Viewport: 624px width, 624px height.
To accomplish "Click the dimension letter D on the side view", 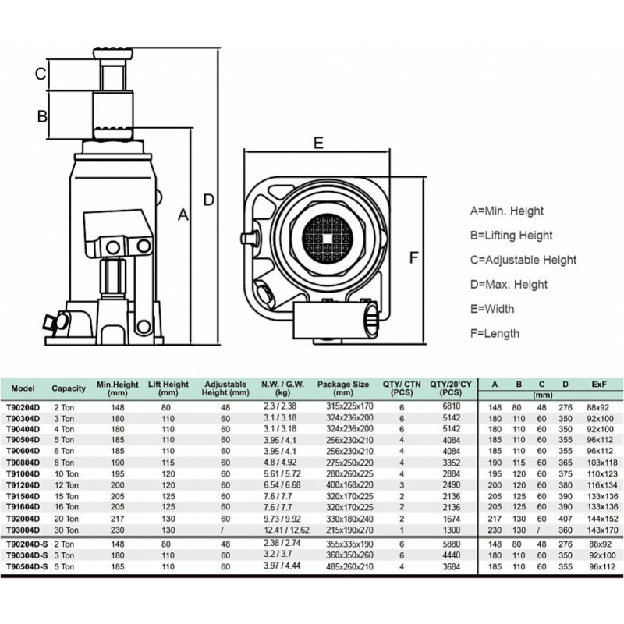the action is pos(209,200).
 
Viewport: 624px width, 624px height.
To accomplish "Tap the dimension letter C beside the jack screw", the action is pos(41,73).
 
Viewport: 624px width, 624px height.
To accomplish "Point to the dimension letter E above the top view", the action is pos(318,143).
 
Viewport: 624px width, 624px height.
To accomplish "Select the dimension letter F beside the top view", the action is pos(414,257).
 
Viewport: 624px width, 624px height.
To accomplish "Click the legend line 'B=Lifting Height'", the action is pos(512,236).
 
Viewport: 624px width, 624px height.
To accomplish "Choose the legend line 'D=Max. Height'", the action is pos(509,285).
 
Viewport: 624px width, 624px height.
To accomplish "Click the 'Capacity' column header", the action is pos(69,388).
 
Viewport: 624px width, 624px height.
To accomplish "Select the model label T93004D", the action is pos(23,530).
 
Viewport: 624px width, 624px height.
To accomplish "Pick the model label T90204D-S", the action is pos(27,544).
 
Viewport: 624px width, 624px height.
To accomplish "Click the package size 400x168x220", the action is pos(349,485).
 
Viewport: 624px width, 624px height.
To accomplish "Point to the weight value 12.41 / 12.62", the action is pos(286,530).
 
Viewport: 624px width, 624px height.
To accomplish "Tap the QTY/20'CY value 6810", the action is pos(452,406).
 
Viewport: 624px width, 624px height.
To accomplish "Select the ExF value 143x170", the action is pos(602,530).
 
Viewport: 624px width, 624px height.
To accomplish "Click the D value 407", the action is pos(565,519).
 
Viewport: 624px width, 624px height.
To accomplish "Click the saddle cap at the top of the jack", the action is pos(113,53).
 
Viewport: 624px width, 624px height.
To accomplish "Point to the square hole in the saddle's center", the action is pos(327,239).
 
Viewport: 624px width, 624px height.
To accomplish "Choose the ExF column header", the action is pos(599,385).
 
